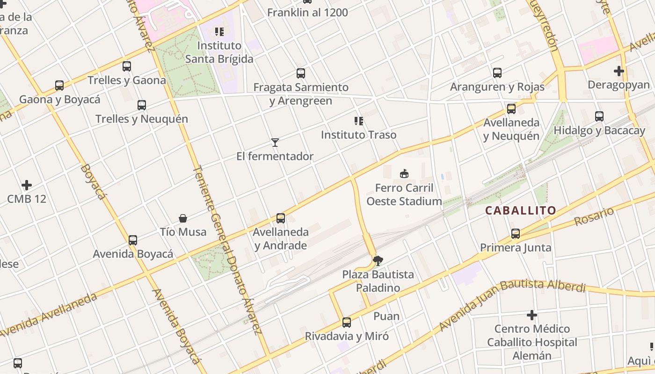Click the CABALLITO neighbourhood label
(x=520, y=210)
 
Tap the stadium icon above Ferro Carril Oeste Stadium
(x=404, y=174)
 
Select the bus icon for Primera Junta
(x=516, y=233)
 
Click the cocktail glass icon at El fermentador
(x=275, y=142)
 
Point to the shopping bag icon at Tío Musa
(x=183, y=218)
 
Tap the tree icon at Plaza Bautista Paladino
(x=378, y=260)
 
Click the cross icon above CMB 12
(x=27, y=185)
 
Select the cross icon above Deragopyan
(x=619, y=71)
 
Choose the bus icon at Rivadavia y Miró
(x=347, y=322)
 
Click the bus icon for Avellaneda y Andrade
(x=281, y=218)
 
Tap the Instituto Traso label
(x=358, y=135)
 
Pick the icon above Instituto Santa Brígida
(x=219, y=32)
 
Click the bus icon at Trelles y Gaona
(x=127, y=66)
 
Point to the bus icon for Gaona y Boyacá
(x=59, y=86)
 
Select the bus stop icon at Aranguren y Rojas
(x=497, y=72)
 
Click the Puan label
(x=386, y=316)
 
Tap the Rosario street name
(x=594, y=216)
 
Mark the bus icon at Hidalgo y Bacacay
(x=599, y=116)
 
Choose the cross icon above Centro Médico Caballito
(x=532, y=315)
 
